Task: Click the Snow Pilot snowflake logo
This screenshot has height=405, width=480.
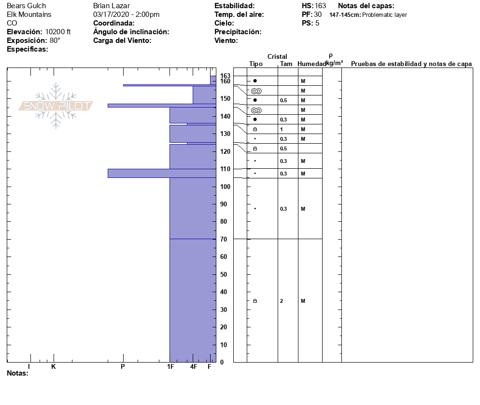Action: point(56,106)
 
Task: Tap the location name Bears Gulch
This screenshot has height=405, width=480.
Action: point(27,6)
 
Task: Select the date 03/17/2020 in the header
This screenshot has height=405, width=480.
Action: point(111,14)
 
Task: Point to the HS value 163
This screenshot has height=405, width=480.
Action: point(320,6)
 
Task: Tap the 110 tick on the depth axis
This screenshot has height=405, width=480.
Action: point(225,169)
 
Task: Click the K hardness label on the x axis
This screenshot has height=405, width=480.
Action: point(54,367)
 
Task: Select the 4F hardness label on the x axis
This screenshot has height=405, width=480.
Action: point(194,367)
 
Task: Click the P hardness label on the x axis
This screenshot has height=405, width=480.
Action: point(123,367)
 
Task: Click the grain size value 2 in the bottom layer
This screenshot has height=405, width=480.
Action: point(281,301)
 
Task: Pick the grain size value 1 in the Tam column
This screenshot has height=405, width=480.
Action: point(281,129)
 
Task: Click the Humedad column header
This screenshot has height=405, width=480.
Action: point(311,64)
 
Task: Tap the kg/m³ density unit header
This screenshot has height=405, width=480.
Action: point(334,63)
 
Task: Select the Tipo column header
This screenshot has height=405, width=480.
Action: point(256,64)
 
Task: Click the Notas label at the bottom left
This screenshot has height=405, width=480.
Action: point(17,373)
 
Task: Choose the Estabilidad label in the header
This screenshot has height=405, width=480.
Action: point(235,6)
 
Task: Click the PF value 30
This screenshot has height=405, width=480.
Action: point(318,14)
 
